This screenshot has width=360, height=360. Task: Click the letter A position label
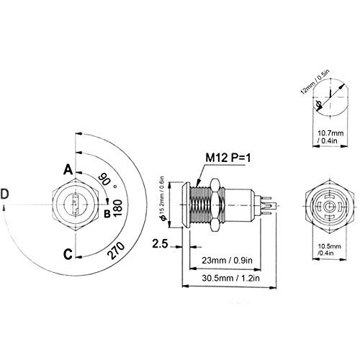[x=68, y=169]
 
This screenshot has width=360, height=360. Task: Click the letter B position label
[x=107, y=213]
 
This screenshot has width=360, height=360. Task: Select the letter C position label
[x=68, y=254]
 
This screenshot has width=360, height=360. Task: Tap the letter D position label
[x=4, y=194]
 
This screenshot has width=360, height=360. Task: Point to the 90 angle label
[x=104, y=179]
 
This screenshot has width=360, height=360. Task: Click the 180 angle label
[x=118, y=208]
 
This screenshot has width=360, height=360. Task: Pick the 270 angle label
[x=117, y=251]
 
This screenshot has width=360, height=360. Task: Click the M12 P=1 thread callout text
[x=228, y=158]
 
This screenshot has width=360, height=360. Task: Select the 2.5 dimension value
[x=160, y=244]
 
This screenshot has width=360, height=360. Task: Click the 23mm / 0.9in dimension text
[x=227, y=260]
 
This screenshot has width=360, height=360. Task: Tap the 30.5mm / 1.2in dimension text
[x=230, y=278]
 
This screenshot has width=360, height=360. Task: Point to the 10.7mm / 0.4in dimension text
[x=330, y=137]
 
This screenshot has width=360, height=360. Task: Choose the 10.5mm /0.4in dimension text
[x=329, y=250]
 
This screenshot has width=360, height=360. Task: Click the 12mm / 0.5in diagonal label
[x=315, y=81]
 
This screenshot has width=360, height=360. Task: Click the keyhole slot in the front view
[x=76, y=204]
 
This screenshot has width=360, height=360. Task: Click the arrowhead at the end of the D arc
[x=4, y=207]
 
